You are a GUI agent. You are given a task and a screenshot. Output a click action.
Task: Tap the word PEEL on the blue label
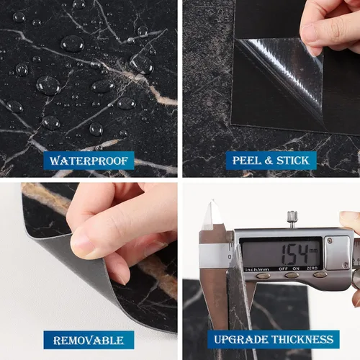(x=247, y=161)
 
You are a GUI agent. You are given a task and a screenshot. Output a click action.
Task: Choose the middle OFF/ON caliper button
(x=292, y=275)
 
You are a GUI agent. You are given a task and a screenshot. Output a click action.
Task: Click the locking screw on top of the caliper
(x=292, y=217)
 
